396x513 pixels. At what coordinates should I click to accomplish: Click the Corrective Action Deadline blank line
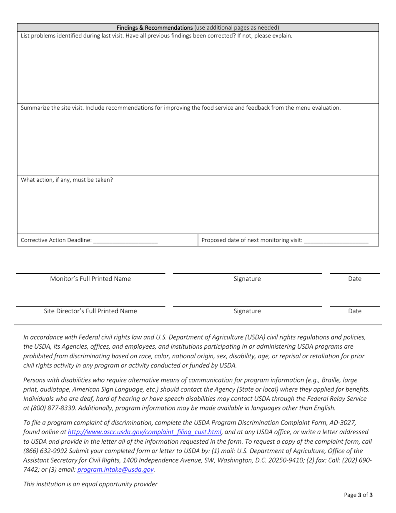[125, 241]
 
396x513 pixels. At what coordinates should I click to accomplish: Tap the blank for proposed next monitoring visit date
[336, 241]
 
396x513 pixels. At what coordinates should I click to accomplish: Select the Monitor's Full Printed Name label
[90, 279]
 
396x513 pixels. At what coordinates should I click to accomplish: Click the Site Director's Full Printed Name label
[90, 311]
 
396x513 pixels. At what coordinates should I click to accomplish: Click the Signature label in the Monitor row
[247, 279]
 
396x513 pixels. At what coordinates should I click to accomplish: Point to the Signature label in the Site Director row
[247, 311]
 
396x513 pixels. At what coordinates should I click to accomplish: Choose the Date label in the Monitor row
[355, 279]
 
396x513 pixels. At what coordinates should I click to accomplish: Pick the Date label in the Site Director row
[355, 311]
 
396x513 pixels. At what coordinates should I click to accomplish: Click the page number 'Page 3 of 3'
[358, 496]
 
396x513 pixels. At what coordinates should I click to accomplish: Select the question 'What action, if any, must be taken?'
[67, 180]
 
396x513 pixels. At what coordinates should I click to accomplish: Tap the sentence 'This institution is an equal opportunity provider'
[90, 484]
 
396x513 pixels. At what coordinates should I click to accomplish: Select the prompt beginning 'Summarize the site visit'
[180, 108]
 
